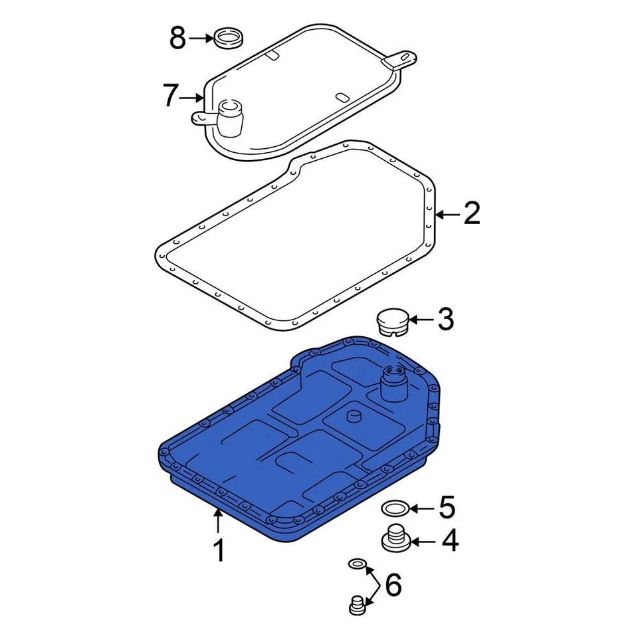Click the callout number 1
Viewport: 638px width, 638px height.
217,551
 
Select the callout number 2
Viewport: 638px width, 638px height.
471,214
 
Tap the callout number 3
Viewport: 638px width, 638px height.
445,320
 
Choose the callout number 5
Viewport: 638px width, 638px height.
446,508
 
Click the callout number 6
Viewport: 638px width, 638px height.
393,585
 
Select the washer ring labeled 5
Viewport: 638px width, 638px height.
395,510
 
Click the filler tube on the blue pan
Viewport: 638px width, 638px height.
391,384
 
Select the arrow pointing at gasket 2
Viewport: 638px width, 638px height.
447,214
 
